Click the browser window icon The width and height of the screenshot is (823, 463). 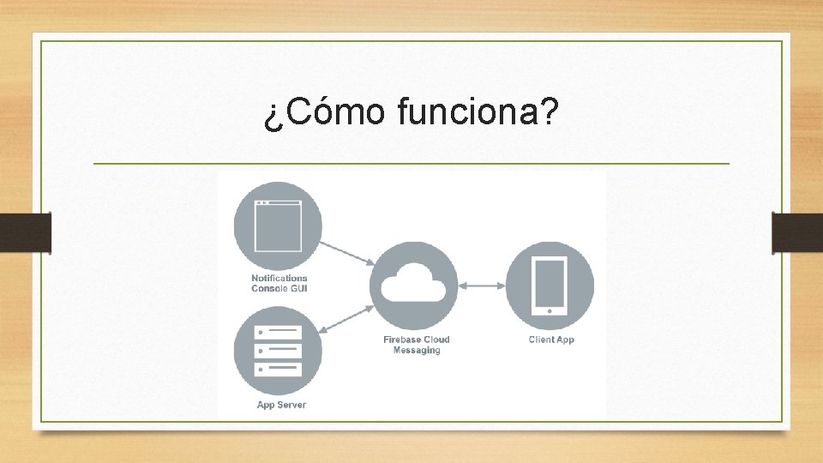(x=278, y=225)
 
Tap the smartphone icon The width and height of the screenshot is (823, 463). (x=550, y=286)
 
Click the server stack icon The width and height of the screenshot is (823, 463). (x=278, y=352)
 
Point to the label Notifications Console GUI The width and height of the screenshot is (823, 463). (x=279, y=283)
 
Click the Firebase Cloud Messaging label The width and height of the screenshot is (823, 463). (x=417, y=345)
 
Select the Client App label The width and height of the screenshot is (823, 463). (x=551, y=340)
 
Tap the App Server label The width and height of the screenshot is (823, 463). (x=281, y=405)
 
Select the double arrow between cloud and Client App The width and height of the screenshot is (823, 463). (x=483, y=286)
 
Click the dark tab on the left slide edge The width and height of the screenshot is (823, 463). (x=26, y=232)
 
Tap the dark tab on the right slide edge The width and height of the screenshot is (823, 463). (x=797, y=232)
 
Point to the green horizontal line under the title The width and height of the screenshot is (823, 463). (x=411, y=163)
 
